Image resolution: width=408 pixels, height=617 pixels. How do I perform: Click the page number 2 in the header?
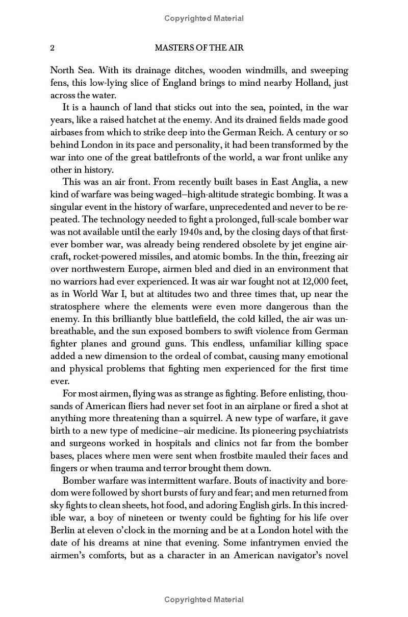click(52, 48)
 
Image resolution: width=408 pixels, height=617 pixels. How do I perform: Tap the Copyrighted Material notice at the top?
click(204, 19)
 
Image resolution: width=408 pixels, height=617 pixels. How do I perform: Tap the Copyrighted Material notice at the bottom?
click(204, 600)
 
